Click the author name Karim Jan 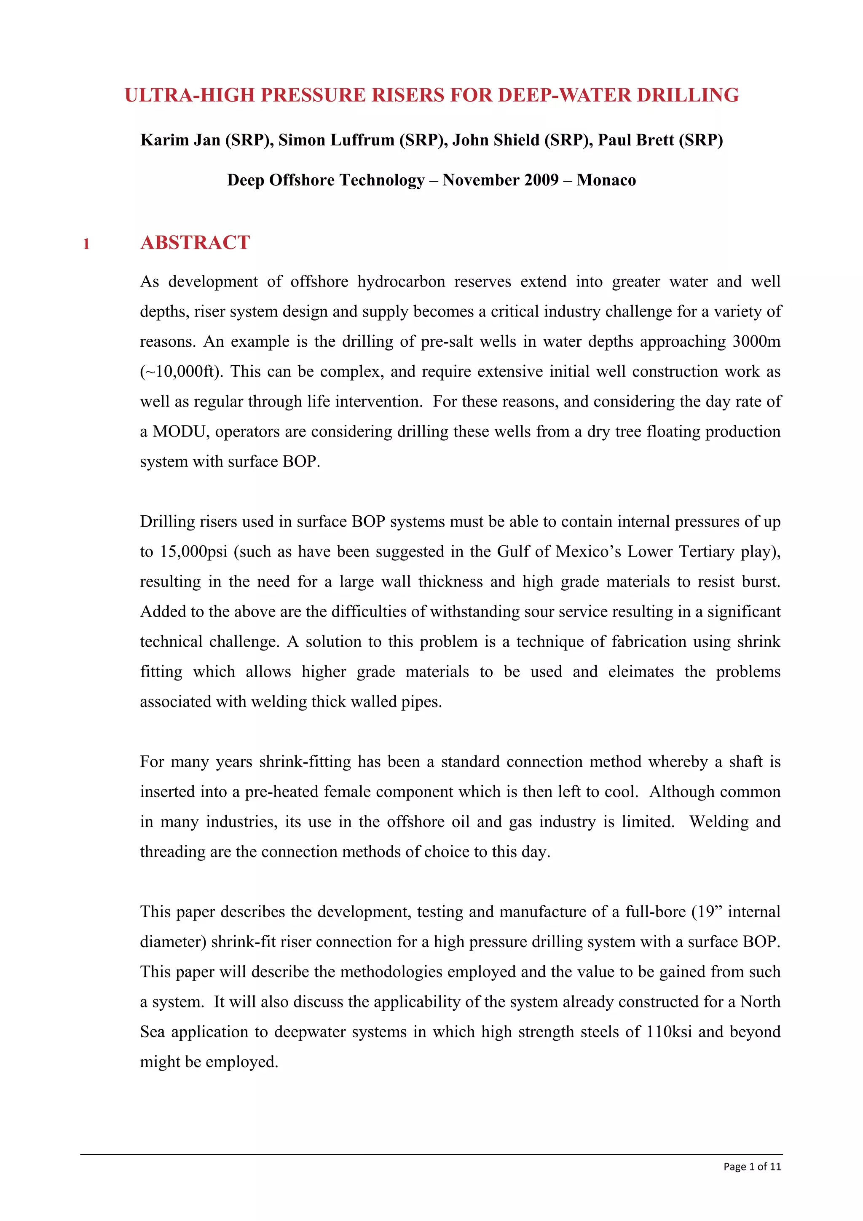click(180, 140)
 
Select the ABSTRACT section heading click(195, 243)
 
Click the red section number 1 click(86, 244)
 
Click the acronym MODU click(179, 431)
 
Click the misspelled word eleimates click(641, 672)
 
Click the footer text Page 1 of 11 click(752, 1167)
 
